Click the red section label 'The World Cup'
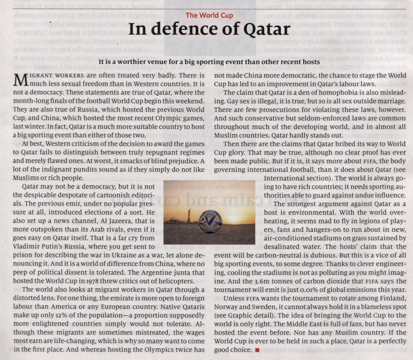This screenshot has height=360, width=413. coord(209,15)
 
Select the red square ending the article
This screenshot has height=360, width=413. coord(257,350)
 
